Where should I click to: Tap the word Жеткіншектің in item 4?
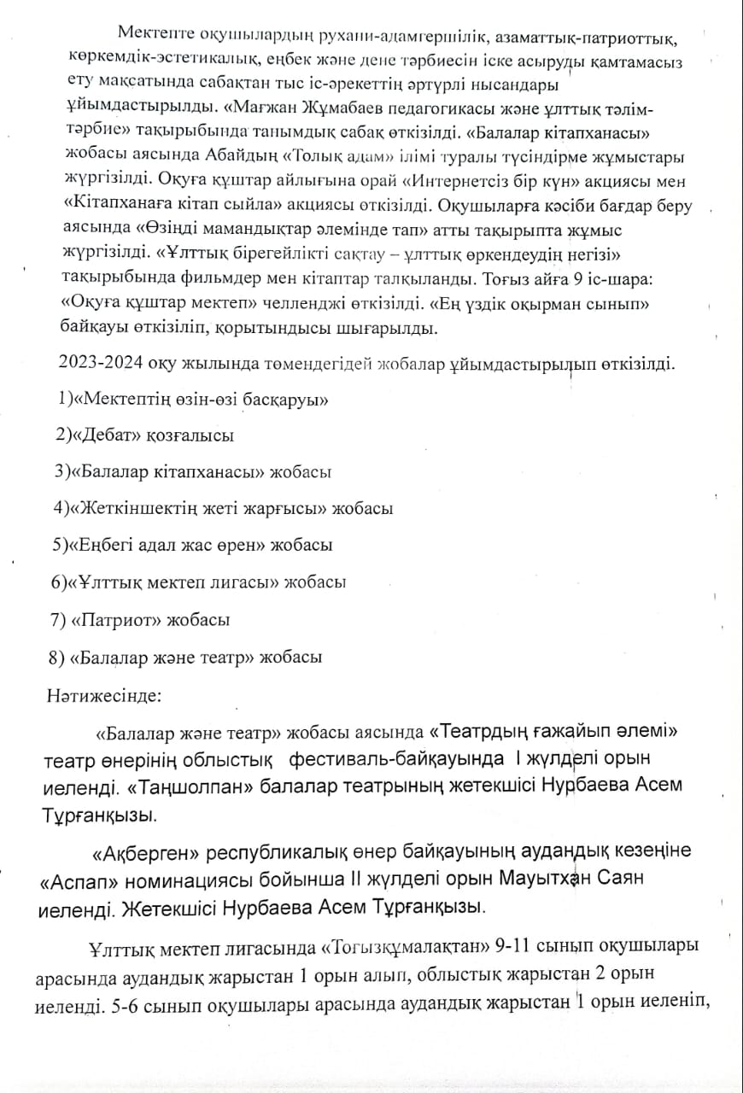133,508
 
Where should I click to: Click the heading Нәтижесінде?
103,694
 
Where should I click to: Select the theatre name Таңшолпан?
188,784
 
